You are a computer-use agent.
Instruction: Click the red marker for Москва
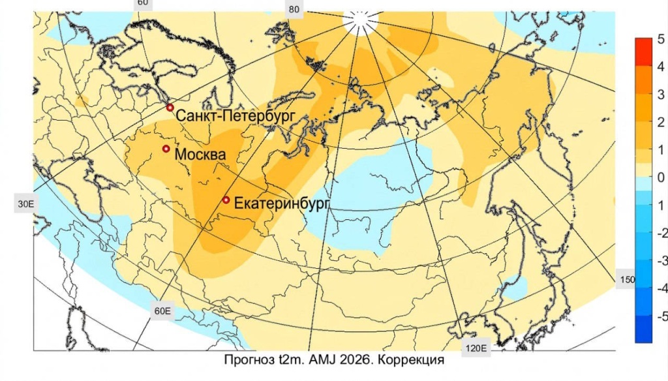(166, 149)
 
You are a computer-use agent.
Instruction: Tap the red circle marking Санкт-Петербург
(170, 107)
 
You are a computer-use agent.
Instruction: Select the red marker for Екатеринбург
(226, 200)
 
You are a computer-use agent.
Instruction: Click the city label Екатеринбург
(281, 204)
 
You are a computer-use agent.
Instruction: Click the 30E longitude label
(25, 204)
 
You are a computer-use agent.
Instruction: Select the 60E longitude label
(162, 311)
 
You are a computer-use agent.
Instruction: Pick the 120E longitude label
(474, 348)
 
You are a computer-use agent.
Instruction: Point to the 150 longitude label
(626, 279)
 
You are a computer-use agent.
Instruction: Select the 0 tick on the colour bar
(661, 177)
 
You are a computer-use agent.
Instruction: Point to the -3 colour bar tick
(661, 260)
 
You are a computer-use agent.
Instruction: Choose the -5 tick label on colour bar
(661, 316)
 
